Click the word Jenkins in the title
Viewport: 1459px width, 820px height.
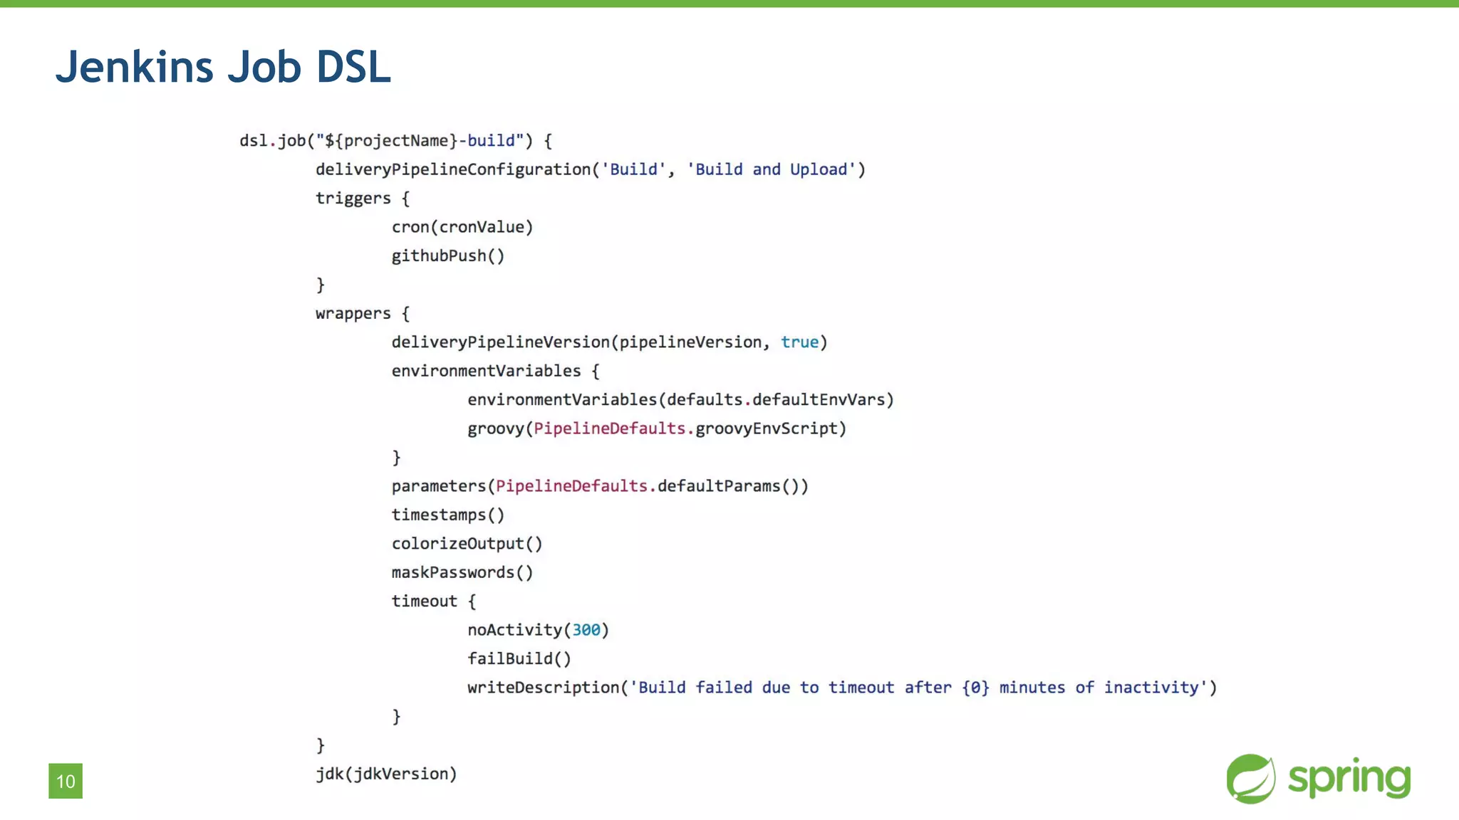[134, 67]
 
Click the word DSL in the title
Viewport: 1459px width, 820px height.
[353, 67]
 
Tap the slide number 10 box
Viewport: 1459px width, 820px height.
[66, 781]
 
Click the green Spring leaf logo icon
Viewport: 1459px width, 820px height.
[1251, 779]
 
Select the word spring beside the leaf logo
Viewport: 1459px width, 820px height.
[1349, 779]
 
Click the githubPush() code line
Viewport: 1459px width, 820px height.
[447, 256]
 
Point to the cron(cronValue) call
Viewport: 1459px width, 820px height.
[462, 227]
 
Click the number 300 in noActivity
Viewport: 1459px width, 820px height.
[586, 630]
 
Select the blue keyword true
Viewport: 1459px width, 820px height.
[799, 342]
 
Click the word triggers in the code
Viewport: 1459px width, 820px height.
[353, 199]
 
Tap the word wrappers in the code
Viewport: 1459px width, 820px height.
[353, 314]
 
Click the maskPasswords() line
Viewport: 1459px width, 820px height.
[462, 572]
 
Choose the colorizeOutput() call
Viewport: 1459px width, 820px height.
[467, 544]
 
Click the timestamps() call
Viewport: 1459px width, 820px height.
[447, 515]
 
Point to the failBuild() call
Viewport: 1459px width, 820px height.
[519, 659]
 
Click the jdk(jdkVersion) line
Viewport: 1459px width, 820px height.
[386, 774]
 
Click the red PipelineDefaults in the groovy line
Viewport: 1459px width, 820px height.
[609, 429]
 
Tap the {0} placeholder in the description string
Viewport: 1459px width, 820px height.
[975, 688]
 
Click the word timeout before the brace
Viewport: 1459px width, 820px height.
[424, 601]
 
